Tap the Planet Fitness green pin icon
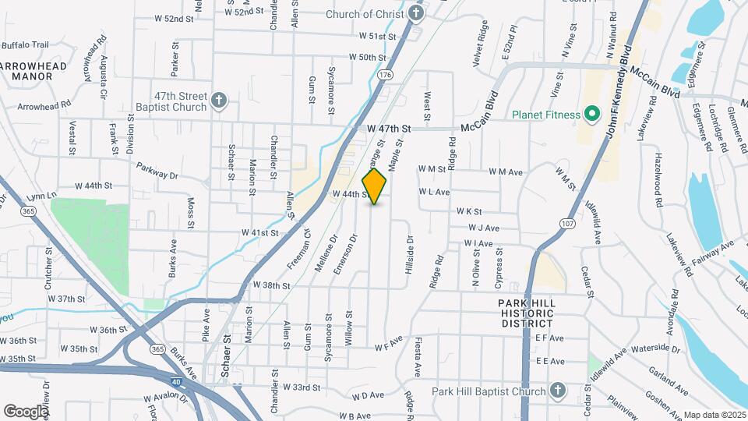click(591, 115)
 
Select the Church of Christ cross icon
click(417, 13)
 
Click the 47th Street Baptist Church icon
click(220, 101)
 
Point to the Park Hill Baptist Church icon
click(558, 390)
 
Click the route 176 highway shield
click(385, 75)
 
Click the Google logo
click(25, 411)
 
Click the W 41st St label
click(259, 232)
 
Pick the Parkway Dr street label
click(158, 167)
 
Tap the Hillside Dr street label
click(409, 256)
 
